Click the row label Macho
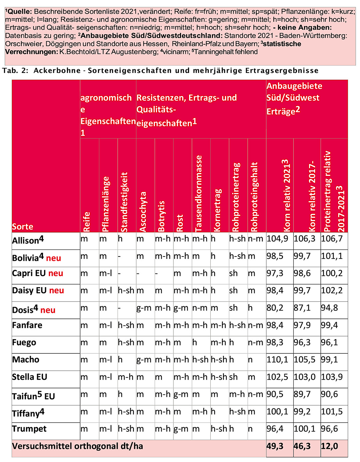click(26, 360)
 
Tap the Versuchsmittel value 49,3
click(275, 446)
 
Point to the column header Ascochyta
click(143, 212)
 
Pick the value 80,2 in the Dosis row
click(275, 308)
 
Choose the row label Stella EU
click(30, 377)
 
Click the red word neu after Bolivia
click(53, 258)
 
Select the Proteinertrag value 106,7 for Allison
click(332, 238)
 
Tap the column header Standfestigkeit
click(124, 202)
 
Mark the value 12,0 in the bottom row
click(329, 446)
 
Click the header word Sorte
click(23, 227)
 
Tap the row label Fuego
click(24, 342)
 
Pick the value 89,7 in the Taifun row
click(302, 394)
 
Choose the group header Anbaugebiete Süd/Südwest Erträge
click(294, 98)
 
